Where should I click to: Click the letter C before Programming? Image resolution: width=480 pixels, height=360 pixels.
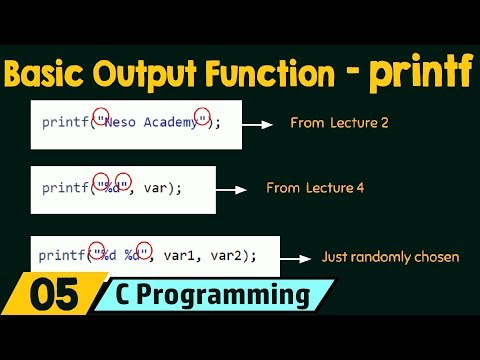pos(138,297)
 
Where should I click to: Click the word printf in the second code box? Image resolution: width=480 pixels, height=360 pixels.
pos(66,188)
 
